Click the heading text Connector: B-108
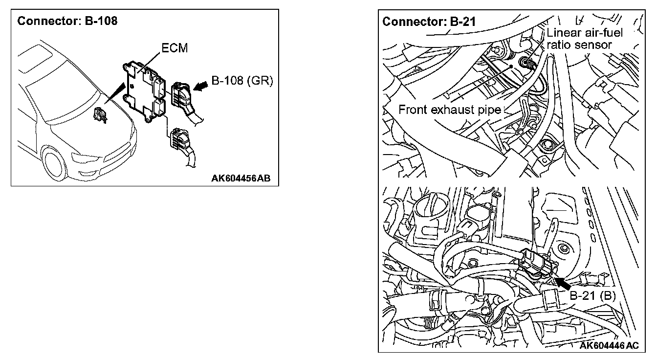[x=67, y=22]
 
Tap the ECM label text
[x=174, y=48]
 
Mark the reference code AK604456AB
[x=240, y=179]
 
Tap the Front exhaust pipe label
[x=450, y=109]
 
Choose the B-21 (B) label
[x=592, y=295]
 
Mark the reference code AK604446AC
[x=609, y=346]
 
